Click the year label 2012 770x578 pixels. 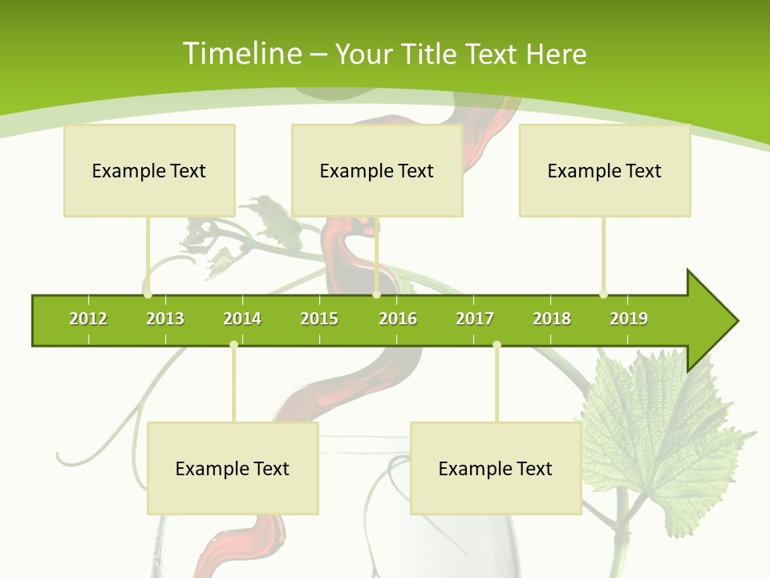point(88,319)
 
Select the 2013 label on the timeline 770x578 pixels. point(165,319)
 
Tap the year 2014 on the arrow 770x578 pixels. point(242,319)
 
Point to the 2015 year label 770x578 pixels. point(319,319)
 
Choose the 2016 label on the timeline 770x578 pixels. point(398,319)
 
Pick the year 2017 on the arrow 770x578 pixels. point(475,319)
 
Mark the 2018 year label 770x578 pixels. point(552,319)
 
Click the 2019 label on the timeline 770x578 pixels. point(629,319)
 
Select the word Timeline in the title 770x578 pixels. point(241,54)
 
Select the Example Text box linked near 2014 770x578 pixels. point(233,468)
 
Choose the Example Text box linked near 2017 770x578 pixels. point(496,468)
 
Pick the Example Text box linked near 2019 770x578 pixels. point(605,170)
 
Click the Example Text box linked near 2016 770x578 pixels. point(377,170)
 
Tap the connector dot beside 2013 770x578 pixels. point(148,295)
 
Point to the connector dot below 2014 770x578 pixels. point(233,344)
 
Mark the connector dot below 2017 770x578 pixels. point(496,344)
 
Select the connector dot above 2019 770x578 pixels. point(603,295)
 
